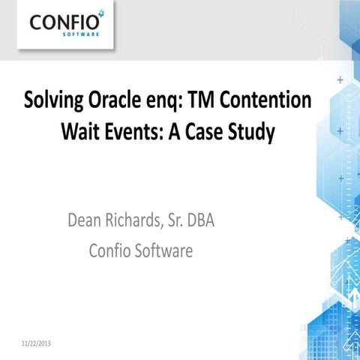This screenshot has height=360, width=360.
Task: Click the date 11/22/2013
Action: [x=34, y=344]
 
